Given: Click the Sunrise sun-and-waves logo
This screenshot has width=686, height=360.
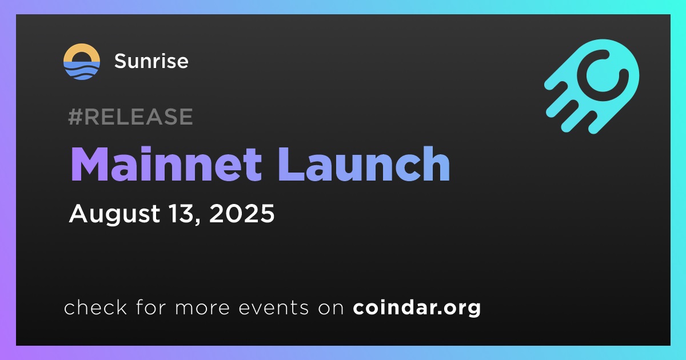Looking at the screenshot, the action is (81, 62).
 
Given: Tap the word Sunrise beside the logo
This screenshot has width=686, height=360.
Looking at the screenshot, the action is (151, 61).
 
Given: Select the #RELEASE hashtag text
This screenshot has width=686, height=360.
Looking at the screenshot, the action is (130, 117).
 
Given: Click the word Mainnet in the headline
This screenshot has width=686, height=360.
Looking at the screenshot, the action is (166, 164).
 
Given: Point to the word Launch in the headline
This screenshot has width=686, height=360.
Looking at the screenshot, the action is (364, 164).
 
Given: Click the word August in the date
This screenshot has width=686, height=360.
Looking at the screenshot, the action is (114, 214).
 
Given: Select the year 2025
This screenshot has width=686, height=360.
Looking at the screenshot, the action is (242, 213).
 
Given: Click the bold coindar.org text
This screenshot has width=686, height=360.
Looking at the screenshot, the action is (417, 307).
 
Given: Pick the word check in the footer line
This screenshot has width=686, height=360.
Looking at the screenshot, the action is (95, 307).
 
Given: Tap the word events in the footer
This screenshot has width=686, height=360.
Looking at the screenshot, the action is (273, 307).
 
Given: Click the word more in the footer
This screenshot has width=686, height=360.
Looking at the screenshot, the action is (202, 308).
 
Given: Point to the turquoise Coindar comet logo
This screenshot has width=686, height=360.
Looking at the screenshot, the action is (592, 86).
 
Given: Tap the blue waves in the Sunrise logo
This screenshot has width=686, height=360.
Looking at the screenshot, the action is (81, 71).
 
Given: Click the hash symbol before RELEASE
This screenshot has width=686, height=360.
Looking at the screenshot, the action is (75, 117).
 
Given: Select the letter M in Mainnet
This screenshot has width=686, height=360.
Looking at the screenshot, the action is (89, 164).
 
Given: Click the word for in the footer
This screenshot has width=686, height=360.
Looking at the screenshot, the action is (151, 307).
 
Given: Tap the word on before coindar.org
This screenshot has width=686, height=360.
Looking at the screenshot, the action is (331, 308).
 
